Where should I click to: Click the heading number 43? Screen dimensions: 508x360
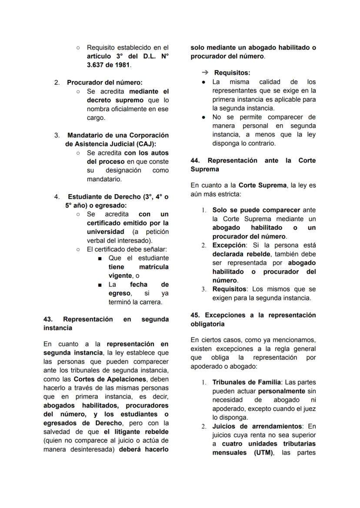point(47,319)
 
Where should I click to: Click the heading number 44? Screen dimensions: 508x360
point(195,160)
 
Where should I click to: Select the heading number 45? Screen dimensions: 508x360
point(195,315)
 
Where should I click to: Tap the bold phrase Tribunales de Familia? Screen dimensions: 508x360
point(240,382)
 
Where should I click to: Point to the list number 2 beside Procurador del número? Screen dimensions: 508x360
point(57,82)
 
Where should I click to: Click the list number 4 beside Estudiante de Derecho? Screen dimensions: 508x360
point(57,196)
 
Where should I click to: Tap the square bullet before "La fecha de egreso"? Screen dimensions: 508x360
point(100,285)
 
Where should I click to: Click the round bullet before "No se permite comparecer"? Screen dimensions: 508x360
point(203,117)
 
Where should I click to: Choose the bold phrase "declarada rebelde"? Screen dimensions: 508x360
point(242,254)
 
